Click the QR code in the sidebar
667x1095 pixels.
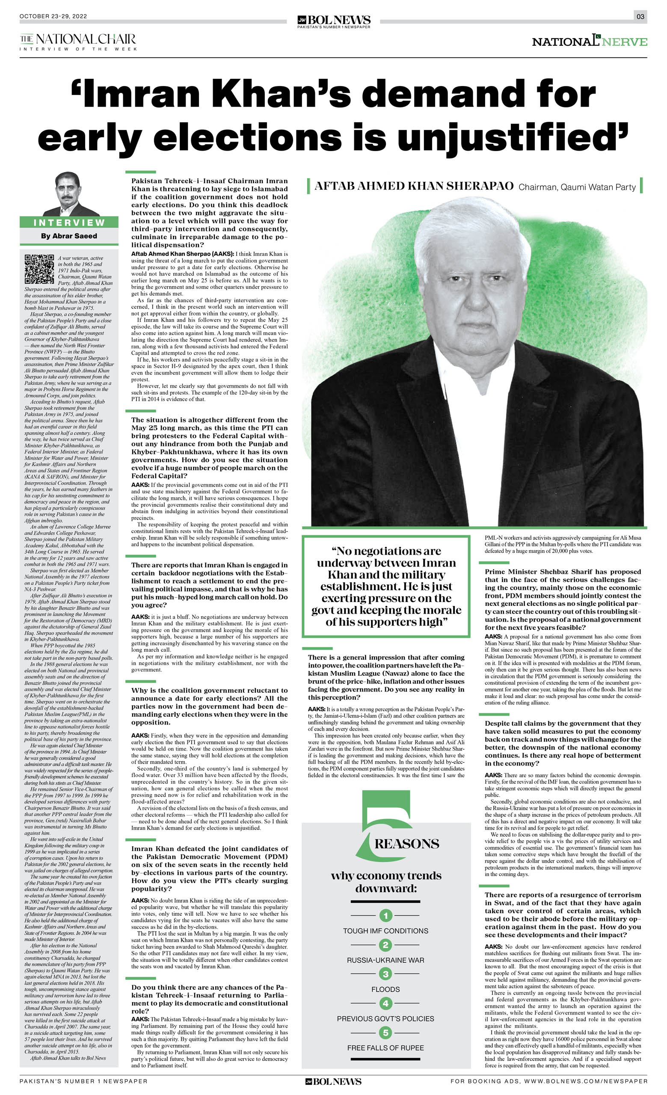click(39, 269)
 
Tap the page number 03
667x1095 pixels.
click(640, 16)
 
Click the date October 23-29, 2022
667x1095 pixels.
click(53, 16)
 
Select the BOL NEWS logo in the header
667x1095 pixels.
click(334, 21)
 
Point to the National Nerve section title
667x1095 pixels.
click(589, 42)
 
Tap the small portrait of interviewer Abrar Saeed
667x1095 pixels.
click(68, 194)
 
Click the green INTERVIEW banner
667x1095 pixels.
click(69, 223)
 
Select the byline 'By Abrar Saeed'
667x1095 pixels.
click(69, 236)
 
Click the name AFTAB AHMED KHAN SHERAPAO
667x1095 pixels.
click(414, 186)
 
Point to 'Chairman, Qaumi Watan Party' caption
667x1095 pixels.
click(577, 187)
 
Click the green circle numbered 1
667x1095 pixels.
click(385, 915)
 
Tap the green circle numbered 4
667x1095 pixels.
click(385, 1003)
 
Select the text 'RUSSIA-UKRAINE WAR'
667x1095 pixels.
click(385, 960)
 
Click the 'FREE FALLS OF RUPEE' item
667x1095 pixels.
click(385, 1048)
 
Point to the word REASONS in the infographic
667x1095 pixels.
click(406, 844)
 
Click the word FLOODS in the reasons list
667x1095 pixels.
click(385, 989)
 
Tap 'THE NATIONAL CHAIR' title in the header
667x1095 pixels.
click(78, 39)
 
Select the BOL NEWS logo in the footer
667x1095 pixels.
click(333, 1082)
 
